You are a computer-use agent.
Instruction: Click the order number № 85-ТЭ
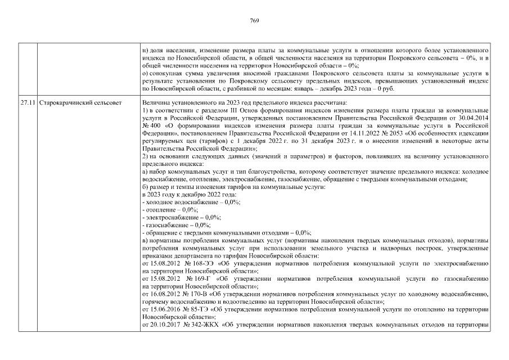(200, 309)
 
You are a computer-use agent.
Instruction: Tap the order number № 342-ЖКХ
(205, 324)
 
